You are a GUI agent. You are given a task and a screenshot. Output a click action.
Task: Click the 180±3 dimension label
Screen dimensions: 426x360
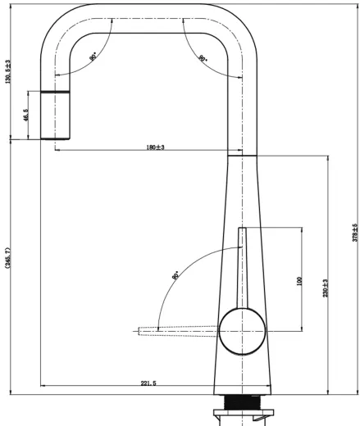[155, 147]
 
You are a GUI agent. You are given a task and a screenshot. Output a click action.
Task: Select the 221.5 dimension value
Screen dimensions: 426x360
[148, 383]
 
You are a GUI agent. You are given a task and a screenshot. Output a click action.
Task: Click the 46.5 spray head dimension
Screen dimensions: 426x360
[28, 116]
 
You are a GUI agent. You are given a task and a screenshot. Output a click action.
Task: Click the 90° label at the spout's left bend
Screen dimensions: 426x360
[93, 57]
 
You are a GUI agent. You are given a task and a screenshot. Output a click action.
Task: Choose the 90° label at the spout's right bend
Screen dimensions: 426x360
[202, 58]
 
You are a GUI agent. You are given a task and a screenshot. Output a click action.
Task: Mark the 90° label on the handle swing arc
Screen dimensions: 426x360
[175, 275]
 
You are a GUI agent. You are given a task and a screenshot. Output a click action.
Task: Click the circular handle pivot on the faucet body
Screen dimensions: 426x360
[240, 332]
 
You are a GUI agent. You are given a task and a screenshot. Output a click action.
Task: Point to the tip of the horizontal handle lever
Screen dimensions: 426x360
[142, 331]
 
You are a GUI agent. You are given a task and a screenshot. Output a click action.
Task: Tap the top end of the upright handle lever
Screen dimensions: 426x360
[240, 232]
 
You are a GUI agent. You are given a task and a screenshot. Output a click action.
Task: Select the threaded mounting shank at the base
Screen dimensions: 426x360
[240, 405]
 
